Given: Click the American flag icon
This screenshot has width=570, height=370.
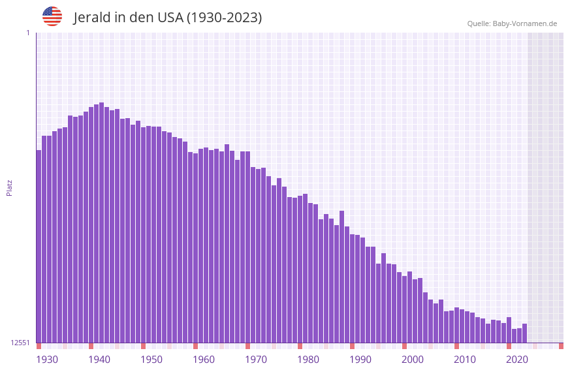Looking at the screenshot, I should [x=52, y=16].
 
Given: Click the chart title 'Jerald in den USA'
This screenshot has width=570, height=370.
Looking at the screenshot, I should [x=167, y=18].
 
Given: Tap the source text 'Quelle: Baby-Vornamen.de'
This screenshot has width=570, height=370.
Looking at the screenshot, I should [x=512, y=23].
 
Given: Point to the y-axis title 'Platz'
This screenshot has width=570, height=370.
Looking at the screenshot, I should [x=9, y=187].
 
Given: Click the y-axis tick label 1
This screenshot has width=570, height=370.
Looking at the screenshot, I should [x=27, y=33].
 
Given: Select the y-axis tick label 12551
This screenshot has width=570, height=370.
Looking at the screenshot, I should [x=20, y=343].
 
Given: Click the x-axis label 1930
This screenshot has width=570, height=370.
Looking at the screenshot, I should [x=47, y=360].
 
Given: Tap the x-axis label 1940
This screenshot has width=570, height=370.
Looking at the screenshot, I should [x=99, y=360].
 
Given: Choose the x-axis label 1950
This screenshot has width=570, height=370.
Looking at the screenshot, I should [x=151, y=360].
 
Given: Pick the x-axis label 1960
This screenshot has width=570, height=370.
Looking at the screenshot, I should [x=204, y=360].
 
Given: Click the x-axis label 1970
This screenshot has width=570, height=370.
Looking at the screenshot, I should [x=256, y=360].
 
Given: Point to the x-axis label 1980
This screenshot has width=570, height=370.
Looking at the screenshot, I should [x=308, y=360].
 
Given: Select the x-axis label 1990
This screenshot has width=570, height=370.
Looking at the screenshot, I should [x=360, y=360].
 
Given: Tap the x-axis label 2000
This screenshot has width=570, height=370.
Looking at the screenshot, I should [x=413, y=360].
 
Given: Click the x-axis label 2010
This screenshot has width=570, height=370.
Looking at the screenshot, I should [x=465, y=360].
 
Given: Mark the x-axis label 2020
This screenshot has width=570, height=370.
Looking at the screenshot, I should [x=517, y=360].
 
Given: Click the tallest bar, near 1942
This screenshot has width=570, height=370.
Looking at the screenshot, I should [x=101, y=222].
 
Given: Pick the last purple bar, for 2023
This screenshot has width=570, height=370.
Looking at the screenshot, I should [x=524, y=333].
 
